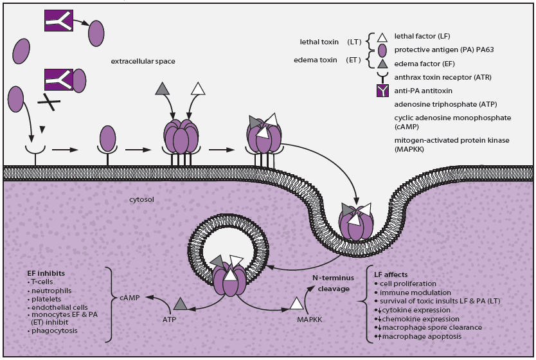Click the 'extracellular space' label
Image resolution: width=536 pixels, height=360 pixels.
click(x=143, y=61)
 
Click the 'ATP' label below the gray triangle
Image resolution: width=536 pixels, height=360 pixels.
click(x=168, y=318)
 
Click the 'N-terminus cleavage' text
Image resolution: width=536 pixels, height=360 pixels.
click(x=332, y=284)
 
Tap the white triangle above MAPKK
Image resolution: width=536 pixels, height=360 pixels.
click(x=296, y=303)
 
